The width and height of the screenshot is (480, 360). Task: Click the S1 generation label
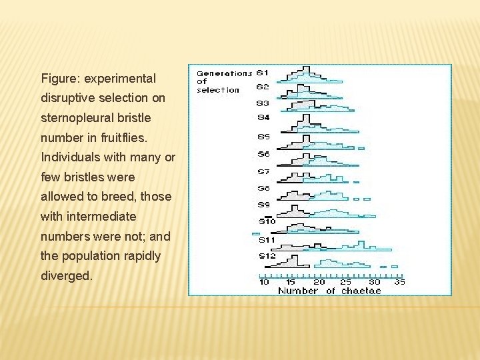[x=263, y=72]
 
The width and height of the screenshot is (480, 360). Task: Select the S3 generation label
[x=263, y=103]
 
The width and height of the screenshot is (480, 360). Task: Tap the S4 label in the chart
[x=263, y=118]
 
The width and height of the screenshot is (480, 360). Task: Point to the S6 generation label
[x=263, y=154]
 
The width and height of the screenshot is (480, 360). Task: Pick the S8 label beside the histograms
[x=263, y=189]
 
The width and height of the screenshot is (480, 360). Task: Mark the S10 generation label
[x=267, y=221]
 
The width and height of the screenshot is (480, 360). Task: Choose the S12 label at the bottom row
[x=267, y=256]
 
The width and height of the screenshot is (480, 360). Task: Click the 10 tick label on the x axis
[x=265, y=282]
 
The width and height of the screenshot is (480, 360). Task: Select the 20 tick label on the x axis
[x=319, y=282]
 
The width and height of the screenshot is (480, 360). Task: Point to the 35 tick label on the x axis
[x=400, y=282]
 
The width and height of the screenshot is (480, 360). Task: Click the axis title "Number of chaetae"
[x=329, y=291]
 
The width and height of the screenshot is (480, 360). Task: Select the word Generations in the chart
[x=224, y=73]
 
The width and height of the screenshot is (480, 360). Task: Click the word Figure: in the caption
[x=58, y=79]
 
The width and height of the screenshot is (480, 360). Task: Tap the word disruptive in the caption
[x=65, y=98]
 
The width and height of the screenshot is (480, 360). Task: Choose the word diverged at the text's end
[x=66, y=275]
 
